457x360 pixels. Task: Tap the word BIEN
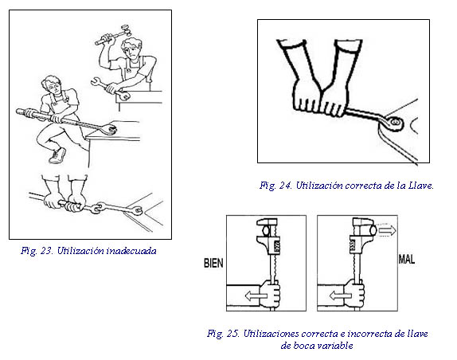[x=213, y=263]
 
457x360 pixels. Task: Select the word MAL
[x=407, y=259]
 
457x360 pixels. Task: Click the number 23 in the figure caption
[x=46, y=251]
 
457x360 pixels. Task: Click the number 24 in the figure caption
[x=285, y=186]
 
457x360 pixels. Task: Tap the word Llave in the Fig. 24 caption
[x=421, y=186]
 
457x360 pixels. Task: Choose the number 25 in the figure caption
[x=232, y=334]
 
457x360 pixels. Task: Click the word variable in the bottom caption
[x=335, y=346]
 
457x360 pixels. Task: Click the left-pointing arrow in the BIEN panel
[x=256, y=296]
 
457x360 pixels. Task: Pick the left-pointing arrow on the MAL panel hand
[x=340, y=296]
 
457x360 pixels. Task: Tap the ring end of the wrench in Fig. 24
[x=395, y=122]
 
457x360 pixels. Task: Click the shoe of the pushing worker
[x=57, y=155]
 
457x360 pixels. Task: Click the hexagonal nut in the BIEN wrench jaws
[x=265, y=230]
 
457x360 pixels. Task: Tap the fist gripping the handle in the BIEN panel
[x=271, y=294]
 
